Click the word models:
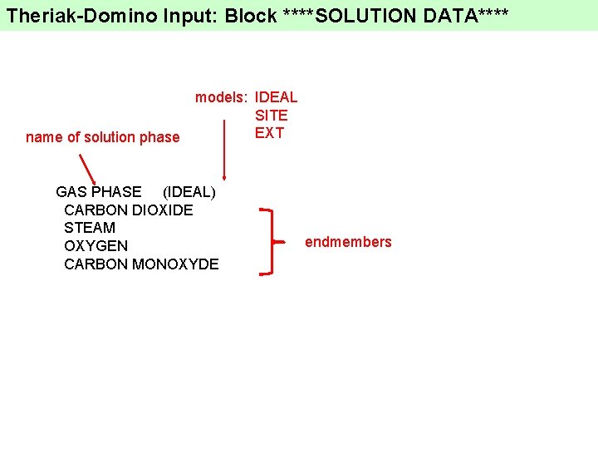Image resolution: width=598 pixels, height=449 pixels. pos(222,97)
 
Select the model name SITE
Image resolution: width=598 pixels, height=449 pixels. pos(271,116)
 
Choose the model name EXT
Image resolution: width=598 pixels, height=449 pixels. pos(269,133)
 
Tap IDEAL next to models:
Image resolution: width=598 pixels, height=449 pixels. pos(276,97)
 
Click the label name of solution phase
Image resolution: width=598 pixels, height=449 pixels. pos(102,137)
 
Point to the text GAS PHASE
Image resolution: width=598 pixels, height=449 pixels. pos(98,192)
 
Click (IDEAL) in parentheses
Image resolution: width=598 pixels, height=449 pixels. pos(189,192)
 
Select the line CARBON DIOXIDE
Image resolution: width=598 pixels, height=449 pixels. pos(128,210)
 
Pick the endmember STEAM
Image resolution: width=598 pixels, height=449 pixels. pos(89,228)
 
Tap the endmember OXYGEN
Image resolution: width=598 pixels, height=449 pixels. pos(96,246)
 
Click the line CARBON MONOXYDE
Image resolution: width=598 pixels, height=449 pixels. pos(141,264)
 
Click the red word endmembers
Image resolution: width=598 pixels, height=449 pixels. pos(348,242)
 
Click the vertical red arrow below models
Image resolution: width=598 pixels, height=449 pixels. pos(223,150)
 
